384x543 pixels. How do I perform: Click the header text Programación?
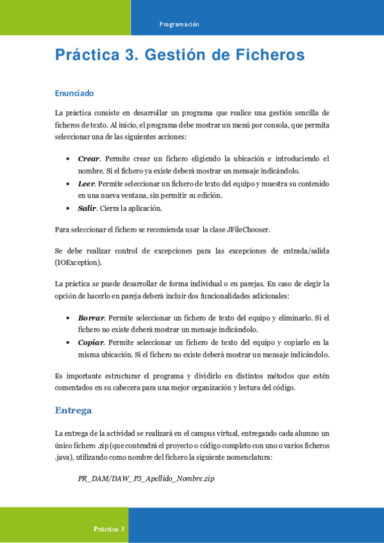[179, 24]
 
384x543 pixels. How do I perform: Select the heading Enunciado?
[74, 93]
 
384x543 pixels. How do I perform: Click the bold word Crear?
[88, 158]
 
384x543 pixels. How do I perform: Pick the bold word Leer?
[87, 184]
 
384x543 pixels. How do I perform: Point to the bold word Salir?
[87, 208]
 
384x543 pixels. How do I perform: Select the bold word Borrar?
[91, 317]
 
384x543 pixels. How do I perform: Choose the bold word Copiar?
[91, 342]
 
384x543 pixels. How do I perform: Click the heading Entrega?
[74, 410]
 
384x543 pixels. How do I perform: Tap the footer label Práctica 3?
[109, 529]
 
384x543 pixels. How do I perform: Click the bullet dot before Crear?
[69, 158]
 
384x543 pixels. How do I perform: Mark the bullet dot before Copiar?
[69, 342]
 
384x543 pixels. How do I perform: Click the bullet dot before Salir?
[69, 208]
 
